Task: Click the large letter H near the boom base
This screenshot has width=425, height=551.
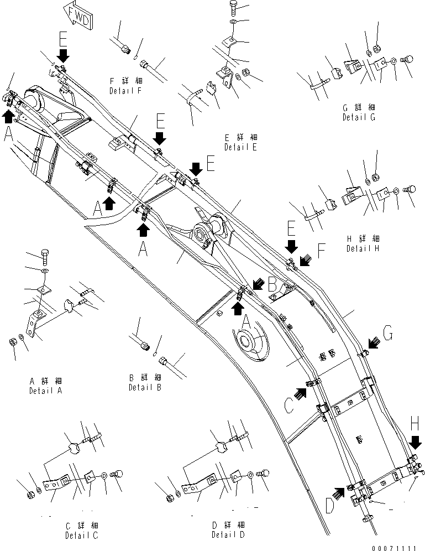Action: [416, 425]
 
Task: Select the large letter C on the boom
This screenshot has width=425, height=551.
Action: [288, 406]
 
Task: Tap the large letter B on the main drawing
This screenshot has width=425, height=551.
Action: [271, 286]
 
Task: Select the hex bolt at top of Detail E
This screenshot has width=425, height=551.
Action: [233, 7]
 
